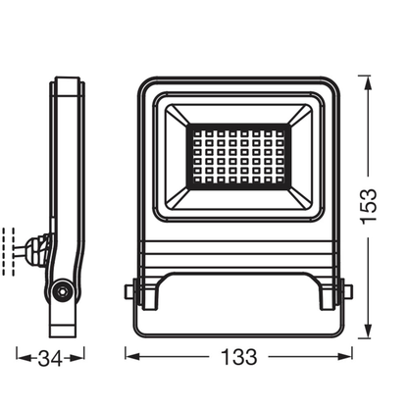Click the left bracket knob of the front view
click(131, 291)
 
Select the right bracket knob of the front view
click(345, 291)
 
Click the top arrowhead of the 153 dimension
click(366, 79)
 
